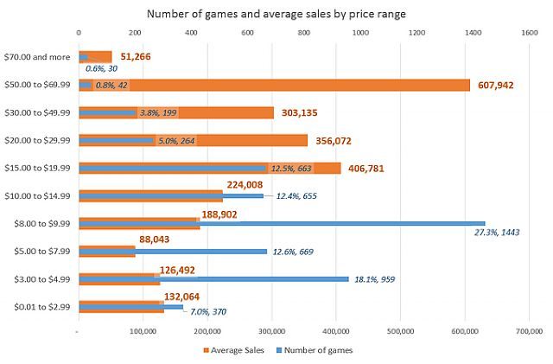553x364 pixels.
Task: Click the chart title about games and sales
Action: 276,13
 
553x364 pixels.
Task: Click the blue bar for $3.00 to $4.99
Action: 259,278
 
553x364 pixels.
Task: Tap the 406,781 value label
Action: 372,169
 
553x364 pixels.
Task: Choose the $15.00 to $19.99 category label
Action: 39,168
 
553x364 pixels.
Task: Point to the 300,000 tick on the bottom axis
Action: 271,329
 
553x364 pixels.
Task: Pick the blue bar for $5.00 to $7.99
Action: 199,251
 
